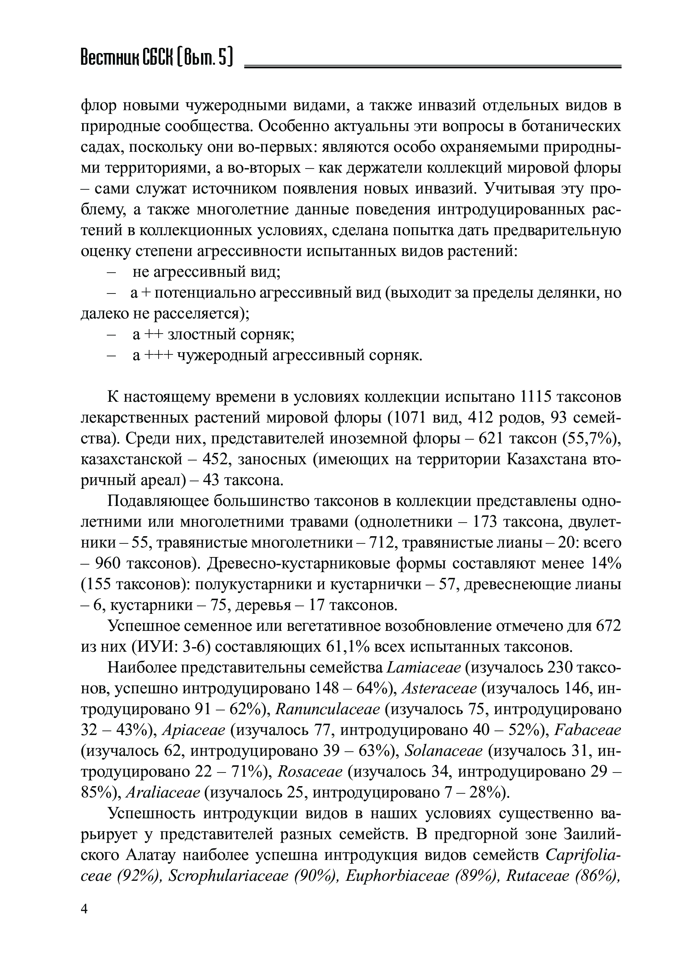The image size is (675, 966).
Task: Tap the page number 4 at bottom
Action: (x=84, y=910)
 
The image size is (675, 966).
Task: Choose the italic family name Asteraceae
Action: (x=440, y=689)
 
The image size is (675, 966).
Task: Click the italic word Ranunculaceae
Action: (x=327, y=709)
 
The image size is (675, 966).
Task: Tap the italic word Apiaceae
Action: (x=194, y=730)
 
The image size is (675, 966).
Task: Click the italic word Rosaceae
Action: (x=310, y=772)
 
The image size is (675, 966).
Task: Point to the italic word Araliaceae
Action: (x=163, y=793)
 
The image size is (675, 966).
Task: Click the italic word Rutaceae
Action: (x=532, y=876)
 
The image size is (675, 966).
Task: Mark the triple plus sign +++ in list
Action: (x=159, y=356)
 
